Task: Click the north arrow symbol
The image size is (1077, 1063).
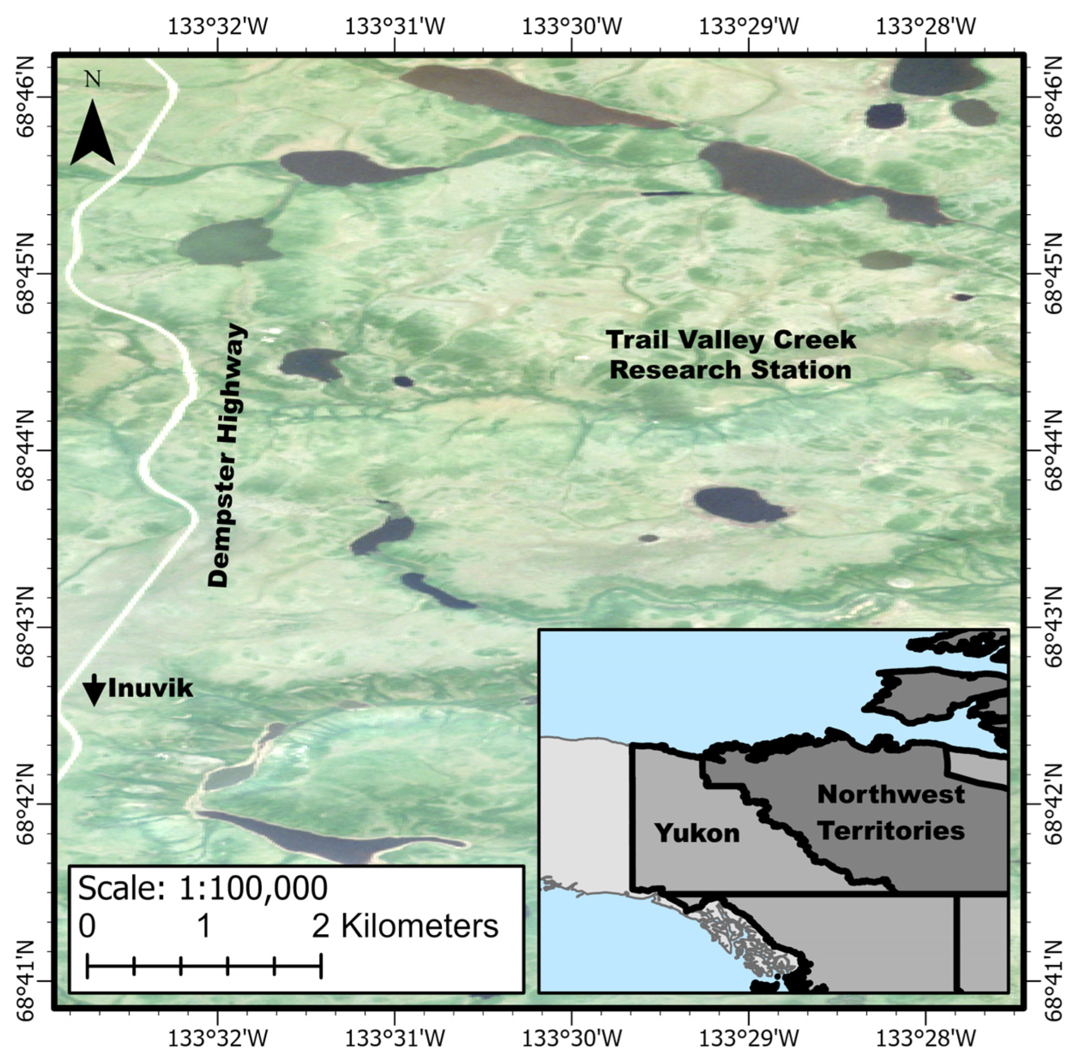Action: [92, 134]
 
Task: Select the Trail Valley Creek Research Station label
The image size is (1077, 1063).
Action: [731, 355]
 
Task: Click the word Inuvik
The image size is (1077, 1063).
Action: [150, 689]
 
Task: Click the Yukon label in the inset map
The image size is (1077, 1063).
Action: [697, 833]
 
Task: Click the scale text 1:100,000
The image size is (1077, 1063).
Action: [253, 888]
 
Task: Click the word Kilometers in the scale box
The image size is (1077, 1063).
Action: [419, 926]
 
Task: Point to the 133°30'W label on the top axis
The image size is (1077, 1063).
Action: [572, 26]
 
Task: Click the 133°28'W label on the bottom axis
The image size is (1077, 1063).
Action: [926, 1038]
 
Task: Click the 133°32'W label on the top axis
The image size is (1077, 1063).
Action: [217, 26]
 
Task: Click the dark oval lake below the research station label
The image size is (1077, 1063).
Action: [740, 505]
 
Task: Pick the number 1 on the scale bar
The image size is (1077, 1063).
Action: [204, 926]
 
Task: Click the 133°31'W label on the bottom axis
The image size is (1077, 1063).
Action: [395, 1038]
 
